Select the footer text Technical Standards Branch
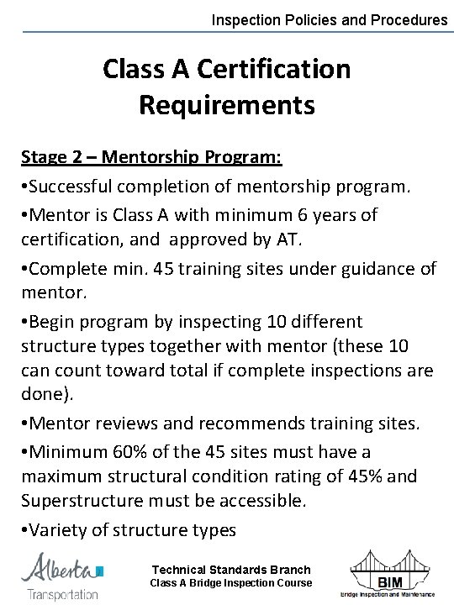(x=230, y=570)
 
